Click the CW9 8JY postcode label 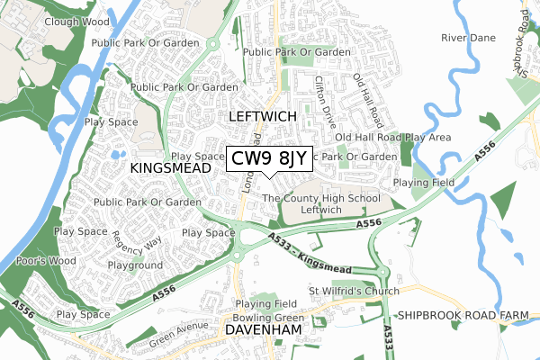pos(269,159)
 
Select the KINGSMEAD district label pos(168,168)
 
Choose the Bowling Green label pos(262,318)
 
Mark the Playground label pos(135,266)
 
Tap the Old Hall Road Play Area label pos(392,137)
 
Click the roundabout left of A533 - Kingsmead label pos(241,238)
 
